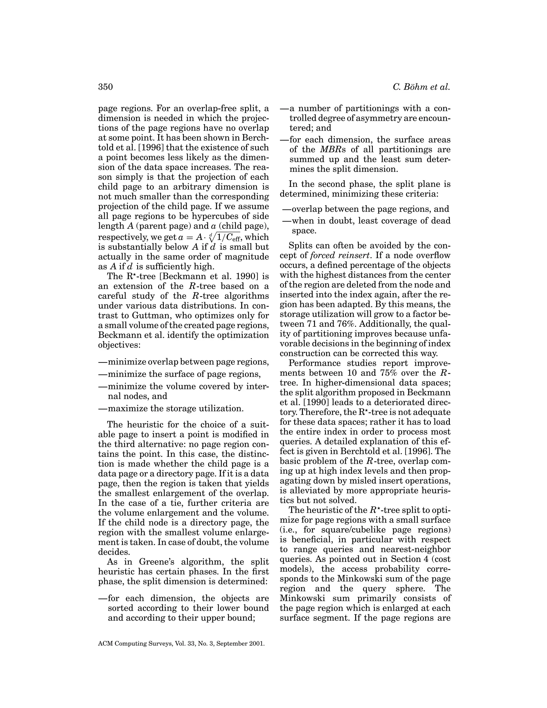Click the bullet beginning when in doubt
366,221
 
